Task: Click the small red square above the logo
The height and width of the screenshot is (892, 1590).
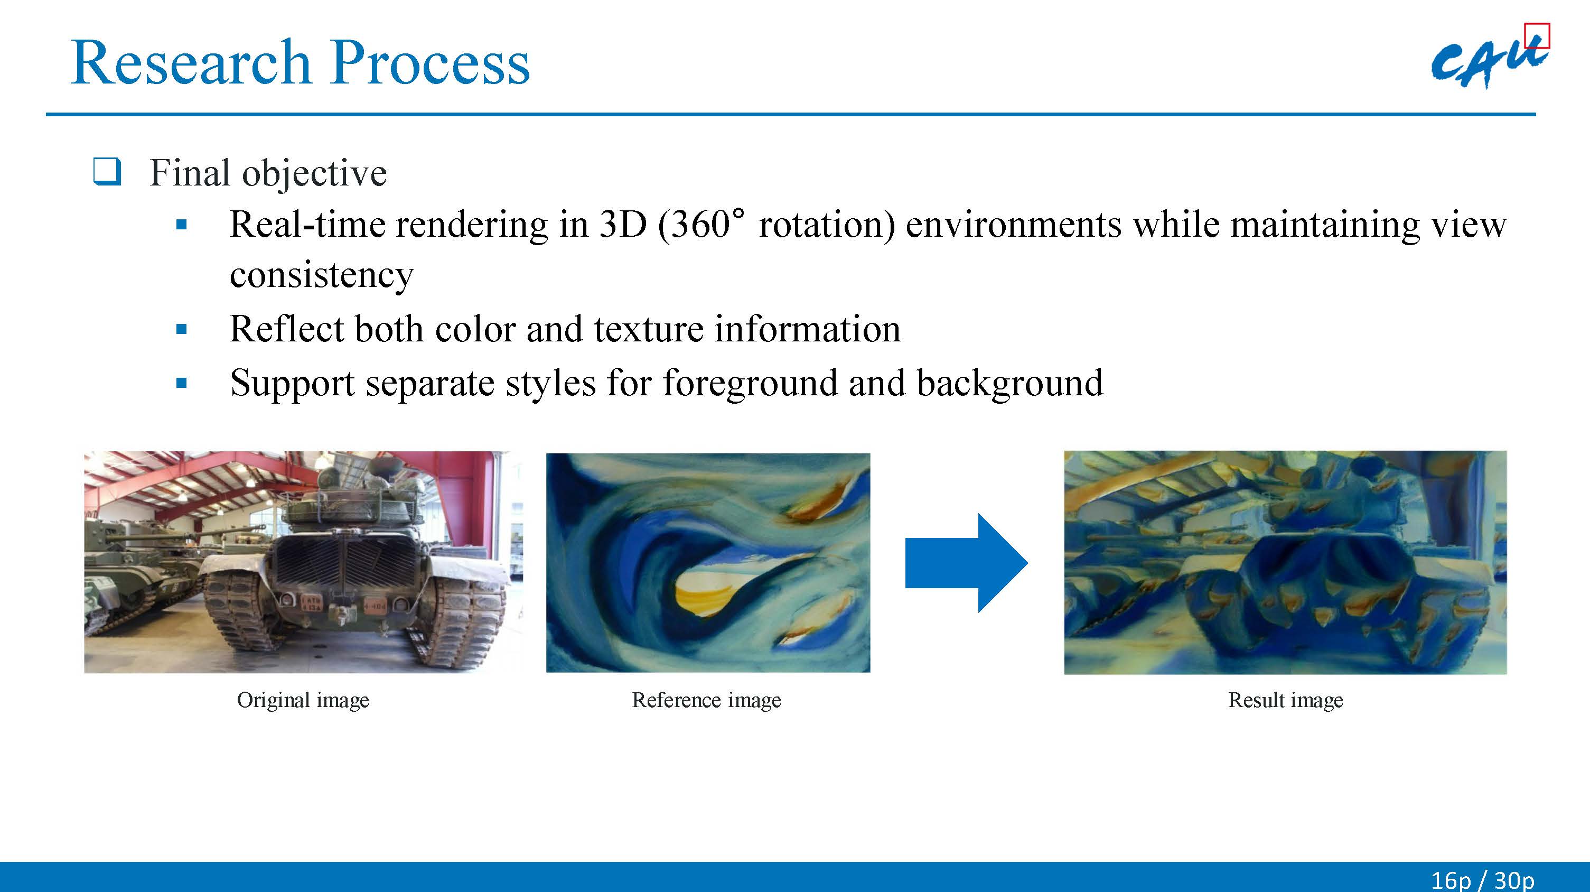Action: click(1537, 35)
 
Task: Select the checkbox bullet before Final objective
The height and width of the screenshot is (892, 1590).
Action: click(107, 172)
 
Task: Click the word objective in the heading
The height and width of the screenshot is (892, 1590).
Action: click(314, 174)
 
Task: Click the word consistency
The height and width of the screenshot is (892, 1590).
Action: click(322, 275)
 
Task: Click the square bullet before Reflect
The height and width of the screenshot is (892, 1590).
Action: click(182, 329)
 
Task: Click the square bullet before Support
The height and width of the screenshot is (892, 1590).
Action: click(182, 383)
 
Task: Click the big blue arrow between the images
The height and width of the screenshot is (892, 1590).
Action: click(966, 563)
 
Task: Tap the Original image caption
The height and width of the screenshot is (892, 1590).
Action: click(303, 701)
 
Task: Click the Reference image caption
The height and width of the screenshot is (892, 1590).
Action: click(707, 701)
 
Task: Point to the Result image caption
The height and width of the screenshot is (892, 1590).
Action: click(1286, 701)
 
